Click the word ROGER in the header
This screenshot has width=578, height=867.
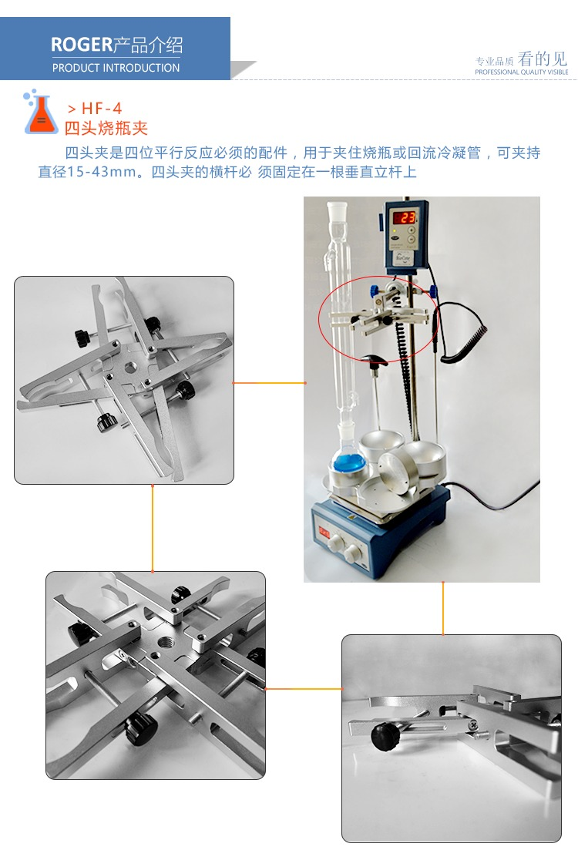[82, 44]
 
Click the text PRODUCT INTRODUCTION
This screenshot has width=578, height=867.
[116, 68]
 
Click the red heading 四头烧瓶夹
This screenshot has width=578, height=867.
[106, 128]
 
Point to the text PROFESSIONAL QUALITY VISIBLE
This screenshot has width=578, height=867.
[522, 72]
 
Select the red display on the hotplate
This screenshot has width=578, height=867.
[324, 533]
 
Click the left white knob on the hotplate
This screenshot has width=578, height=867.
[336, 544]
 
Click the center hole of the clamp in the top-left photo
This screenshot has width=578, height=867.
[131, 366]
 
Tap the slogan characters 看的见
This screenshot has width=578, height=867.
[543, 59]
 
